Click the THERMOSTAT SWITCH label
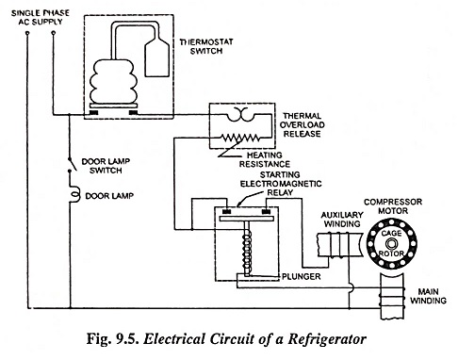pos(206,46)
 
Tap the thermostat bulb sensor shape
pos(156,57)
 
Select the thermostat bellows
pos(113,81)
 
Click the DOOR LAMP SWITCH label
pos(106,166)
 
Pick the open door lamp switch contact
pos(71,164)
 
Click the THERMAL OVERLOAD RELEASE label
pos(302,124)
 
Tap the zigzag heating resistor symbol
pos(239,138)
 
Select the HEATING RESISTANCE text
pos(265,159)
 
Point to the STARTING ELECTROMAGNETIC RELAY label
pos(281,184)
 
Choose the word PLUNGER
pos(301,276)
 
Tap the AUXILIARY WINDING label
pos(342,220)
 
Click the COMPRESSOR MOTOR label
pos(393,206)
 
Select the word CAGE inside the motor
pos(391,234)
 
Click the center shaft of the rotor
pos(391,244)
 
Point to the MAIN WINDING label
pos(428,296)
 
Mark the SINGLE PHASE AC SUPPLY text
pos(41,17)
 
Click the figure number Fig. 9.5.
pos(113,339)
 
